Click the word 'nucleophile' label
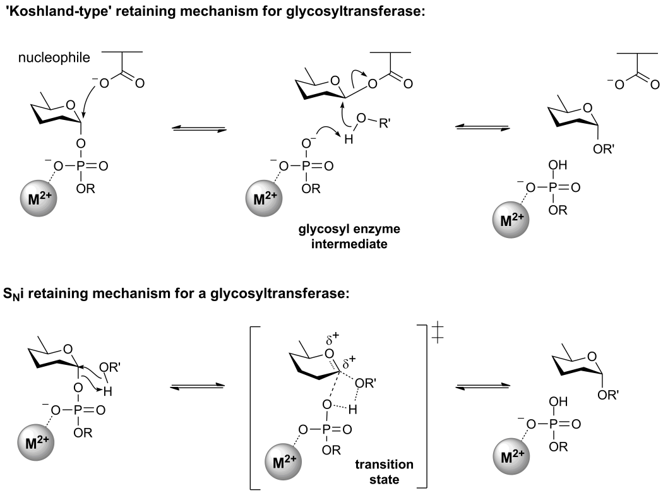(54, 59)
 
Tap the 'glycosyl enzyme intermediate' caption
(349, 236)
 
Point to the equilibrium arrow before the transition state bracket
(198, 386)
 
